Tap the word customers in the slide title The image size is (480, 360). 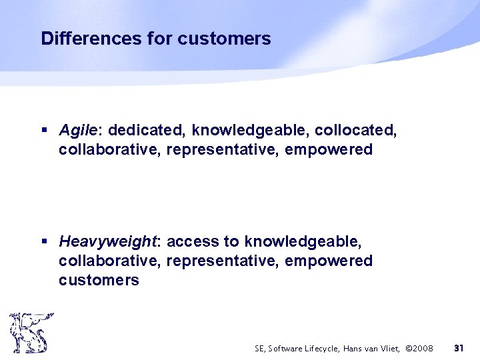click(224, 39)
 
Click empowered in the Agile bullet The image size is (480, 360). click(328, 150)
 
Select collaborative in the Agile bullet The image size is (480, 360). click(109, 150)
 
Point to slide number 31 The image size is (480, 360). click(459, 348)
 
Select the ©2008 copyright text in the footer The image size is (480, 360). click(419, 348)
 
